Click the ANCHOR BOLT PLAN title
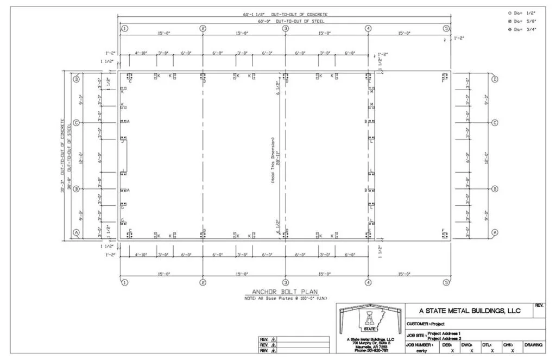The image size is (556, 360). click(x=277, y=292)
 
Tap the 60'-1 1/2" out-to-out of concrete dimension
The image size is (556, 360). click(x=285, y=14)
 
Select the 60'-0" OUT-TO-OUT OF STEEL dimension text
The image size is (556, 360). click(x=285, y=21)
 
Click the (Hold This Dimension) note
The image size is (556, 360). click(x=273, y=160)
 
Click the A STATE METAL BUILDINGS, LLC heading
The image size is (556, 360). click(x=470, y=311)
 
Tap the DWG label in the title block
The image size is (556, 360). click(x=466, y=345)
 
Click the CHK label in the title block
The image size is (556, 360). click(x=508, y=345)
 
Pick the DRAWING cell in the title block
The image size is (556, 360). click(x=533, y=345)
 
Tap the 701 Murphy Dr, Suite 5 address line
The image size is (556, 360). click(x=370, y=344)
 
